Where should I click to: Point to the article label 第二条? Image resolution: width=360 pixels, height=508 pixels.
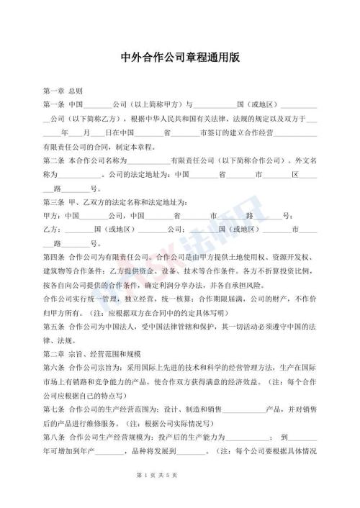54,160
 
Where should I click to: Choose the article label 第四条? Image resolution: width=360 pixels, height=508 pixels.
54,257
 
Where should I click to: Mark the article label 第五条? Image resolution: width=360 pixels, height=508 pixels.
54,327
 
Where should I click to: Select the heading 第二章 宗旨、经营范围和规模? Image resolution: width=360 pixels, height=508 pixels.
93,354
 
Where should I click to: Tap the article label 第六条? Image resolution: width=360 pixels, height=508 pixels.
54,368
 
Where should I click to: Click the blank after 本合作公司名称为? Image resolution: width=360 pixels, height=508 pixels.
148,160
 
